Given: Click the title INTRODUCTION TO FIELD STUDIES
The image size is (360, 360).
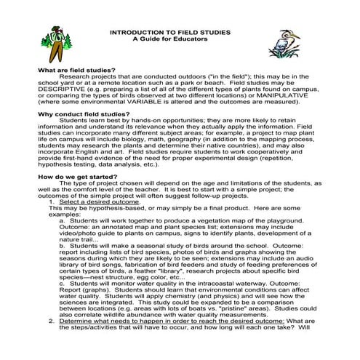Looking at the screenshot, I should point(179,33).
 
